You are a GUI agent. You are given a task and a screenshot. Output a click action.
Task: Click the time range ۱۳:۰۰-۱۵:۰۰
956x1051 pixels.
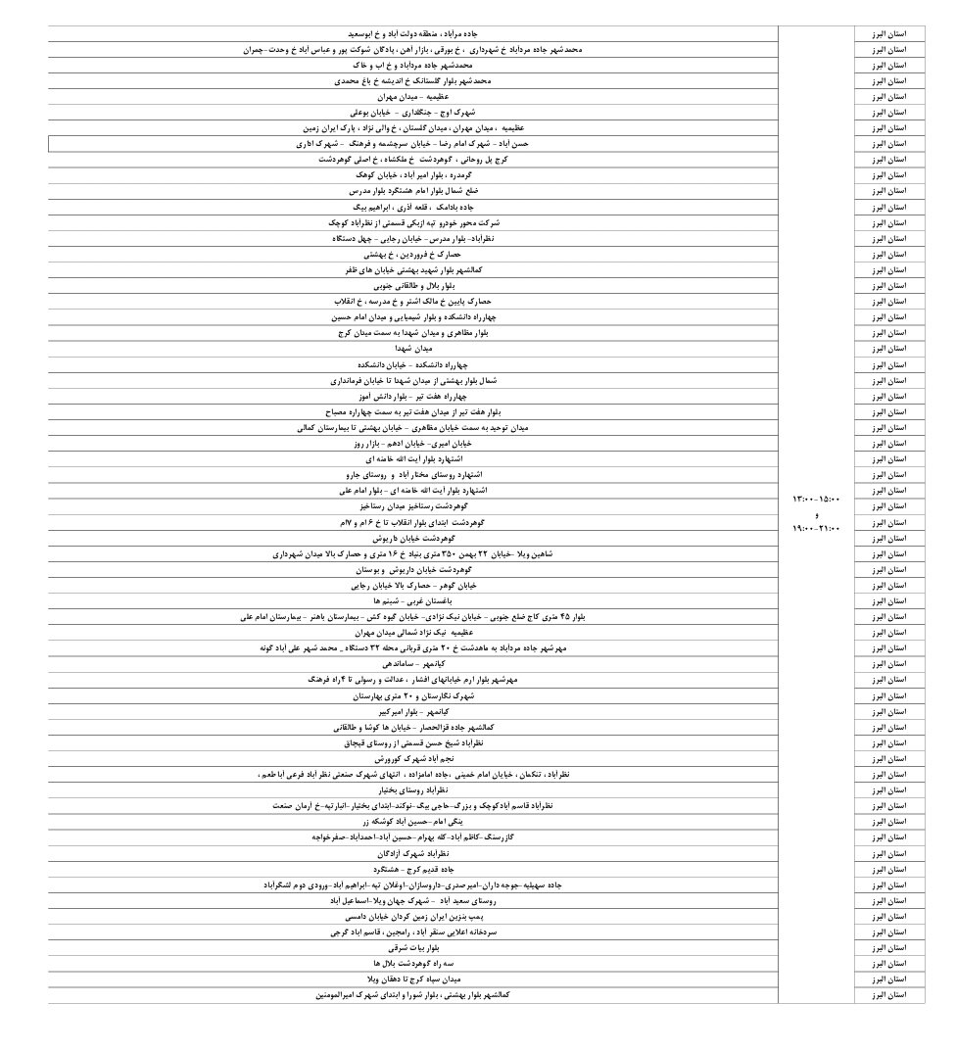816,500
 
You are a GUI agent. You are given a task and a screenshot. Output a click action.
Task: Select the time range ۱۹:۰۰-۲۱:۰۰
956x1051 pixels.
816,529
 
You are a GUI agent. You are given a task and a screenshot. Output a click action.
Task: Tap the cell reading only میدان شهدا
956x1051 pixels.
413,349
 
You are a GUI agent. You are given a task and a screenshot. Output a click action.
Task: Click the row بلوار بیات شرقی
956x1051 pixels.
413,948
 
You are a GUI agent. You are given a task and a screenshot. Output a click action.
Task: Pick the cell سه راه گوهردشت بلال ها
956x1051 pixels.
413,964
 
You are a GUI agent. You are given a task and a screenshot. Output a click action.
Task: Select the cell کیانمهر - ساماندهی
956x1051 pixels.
413,664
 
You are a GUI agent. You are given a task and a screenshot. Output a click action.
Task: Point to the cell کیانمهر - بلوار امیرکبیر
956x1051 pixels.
413,711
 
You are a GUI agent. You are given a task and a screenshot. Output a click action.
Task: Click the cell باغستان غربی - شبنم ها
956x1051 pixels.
413,600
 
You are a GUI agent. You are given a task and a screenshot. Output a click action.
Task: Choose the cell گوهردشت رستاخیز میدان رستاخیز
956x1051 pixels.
413,506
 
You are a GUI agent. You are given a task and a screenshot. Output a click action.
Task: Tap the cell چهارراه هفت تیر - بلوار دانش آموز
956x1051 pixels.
413,396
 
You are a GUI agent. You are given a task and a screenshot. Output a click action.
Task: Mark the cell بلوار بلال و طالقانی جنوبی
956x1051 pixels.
413,286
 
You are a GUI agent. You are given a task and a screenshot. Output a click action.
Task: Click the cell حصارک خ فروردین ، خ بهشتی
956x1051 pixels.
413,254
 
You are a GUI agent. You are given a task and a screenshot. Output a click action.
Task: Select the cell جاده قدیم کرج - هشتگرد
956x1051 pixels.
413,869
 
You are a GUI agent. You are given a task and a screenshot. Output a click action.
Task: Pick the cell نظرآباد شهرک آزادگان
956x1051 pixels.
413,853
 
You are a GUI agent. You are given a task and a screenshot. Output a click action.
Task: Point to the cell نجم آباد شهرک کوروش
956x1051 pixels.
413,759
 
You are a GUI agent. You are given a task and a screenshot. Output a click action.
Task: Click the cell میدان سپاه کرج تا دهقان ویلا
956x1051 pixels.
413,979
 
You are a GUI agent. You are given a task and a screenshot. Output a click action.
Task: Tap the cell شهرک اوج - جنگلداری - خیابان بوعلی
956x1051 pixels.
413,113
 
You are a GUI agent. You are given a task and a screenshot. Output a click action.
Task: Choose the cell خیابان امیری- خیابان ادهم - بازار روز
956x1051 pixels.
413,443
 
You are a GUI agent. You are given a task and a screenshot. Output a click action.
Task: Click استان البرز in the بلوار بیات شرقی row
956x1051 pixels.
889,948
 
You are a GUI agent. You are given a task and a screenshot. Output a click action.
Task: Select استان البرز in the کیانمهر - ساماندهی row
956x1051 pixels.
889,664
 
